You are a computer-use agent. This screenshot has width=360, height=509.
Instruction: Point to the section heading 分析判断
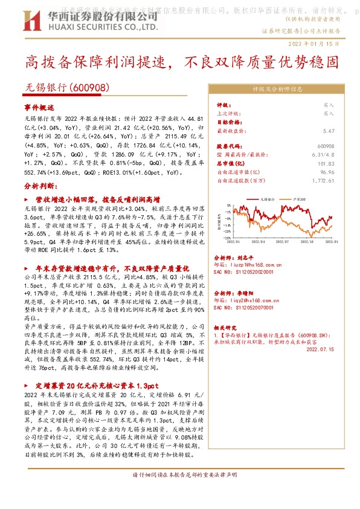pos(40,187)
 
